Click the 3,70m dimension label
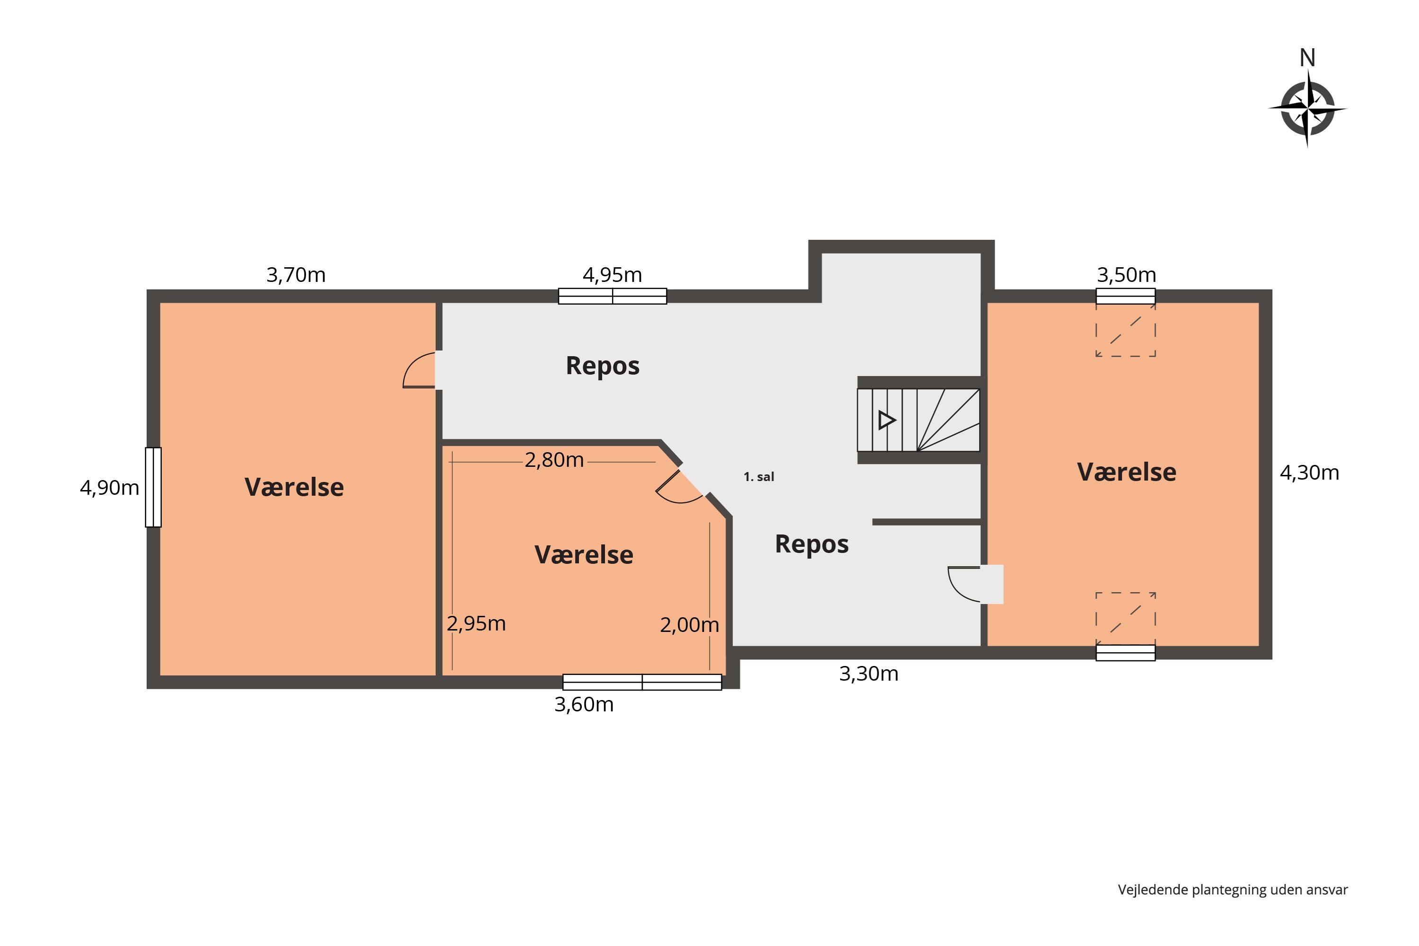pos(296,275)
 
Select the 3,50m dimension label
pos(1126,275)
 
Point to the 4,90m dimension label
pos(109,488)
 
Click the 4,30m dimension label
pos(1309,473)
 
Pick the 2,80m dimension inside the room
pos(554,460)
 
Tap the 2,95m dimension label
pos(476,623)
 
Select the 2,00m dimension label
pos(689,625)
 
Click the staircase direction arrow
pos(886,420)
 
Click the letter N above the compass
pos(1307,58)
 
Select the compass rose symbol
pos(1307,109)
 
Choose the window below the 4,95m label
pos(613,296)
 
